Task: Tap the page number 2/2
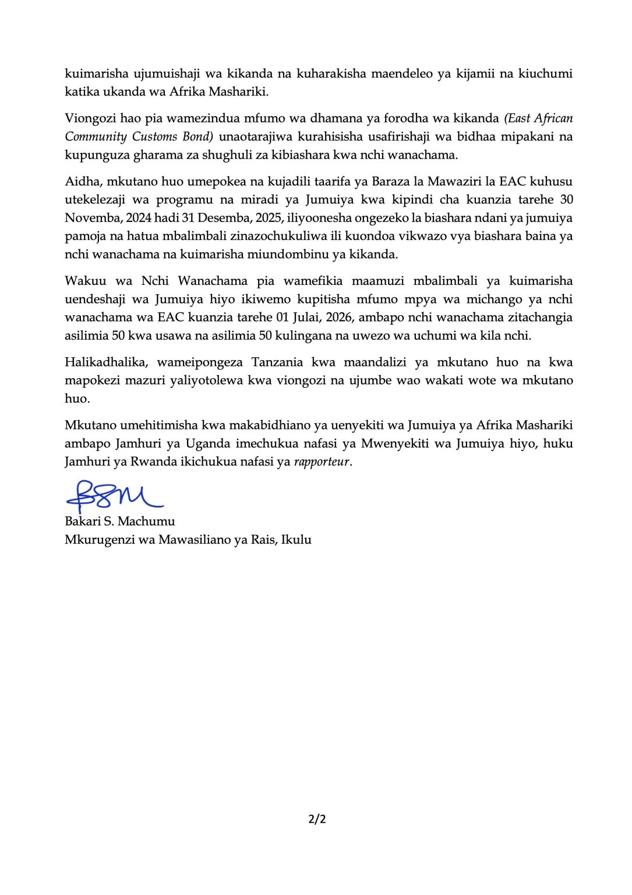(x=317, y=819)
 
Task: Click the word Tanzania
(x=277, y=362)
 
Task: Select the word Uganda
(x=208, y=443)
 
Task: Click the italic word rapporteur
(x=322, y=461)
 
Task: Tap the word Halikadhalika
(x=107, y=362)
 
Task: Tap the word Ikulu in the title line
(x=296, y=540)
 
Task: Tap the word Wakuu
(x=86, y=281)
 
